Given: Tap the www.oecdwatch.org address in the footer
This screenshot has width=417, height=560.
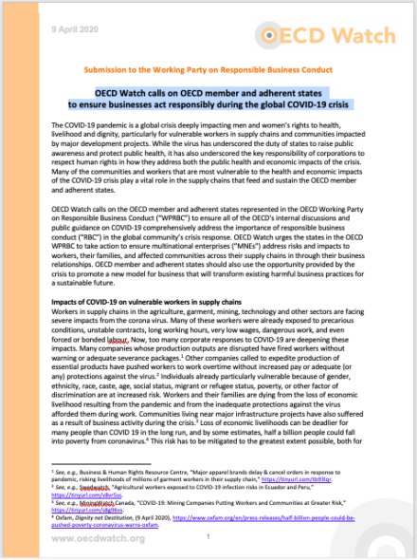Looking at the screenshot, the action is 72,538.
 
